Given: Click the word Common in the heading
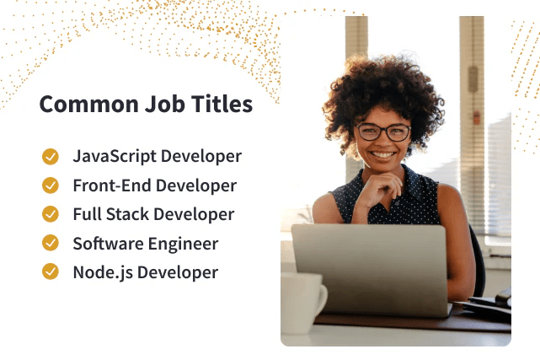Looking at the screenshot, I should [x=78, y=105].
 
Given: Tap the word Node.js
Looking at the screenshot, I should [x=99, y=272].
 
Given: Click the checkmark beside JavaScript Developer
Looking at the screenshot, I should [x=51, y=157].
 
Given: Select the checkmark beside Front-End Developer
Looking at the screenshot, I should [x=51, y=185].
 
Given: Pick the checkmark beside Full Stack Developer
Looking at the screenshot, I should [x=51, y=214].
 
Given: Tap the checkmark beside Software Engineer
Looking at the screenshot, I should [x=51, y=244].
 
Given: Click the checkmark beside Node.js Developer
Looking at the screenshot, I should [x=51, y=272].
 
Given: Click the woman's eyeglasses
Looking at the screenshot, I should [x=383, y=132].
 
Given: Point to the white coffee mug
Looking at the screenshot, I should [x=302, y=303].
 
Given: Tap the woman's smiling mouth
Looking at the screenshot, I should [x=383, y=155].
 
